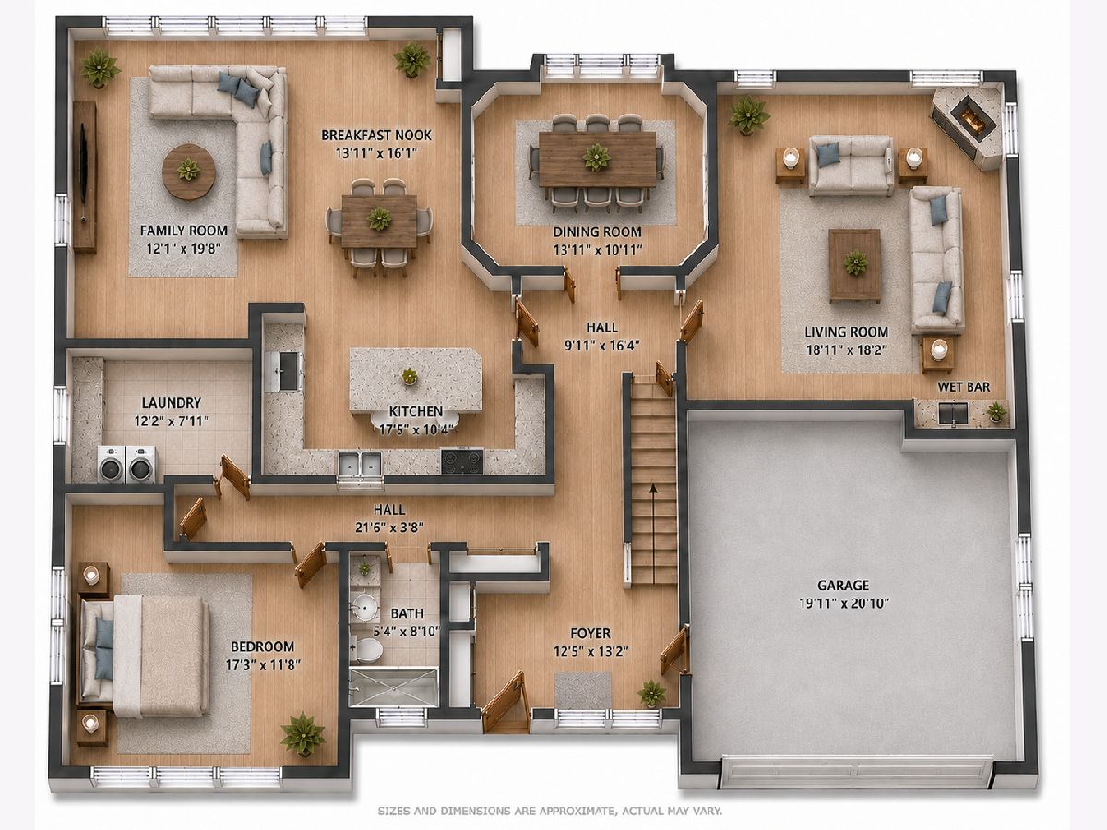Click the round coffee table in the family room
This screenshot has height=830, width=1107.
(189, 172)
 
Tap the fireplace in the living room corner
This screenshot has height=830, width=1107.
(968, 128)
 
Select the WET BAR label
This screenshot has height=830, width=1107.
(963, 387)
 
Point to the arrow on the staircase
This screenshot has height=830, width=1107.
(653, 534)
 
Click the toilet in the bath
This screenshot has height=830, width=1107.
(367, 648)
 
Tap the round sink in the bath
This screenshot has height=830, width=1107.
(365, 606)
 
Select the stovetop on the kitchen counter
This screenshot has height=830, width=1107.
(462, 460)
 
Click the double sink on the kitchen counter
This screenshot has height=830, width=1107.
(360, 464)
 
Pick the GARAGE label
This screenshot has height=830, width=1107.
(843, 585)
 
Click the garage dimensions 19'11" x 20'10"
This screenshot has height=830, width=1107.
(844, 603)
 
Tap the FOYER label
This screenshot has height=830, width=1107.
(590, 633)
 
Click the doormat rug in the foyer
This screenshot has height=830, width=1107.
(583, 691)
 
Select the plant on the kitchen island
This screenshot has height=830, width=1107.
(409, 375)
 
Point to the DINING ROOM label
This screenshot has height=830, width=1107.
(597, 231)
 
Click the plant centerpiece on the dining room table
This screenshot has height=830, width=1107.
(597, 158)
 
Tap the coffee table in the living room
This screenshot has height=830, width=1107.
(855, 266)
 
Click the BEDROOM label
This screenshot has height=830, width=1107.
(262, 646)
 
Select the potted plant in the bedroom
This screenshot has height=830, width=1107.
(303, 734)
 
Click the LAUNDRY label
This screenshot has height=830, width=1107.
(172, 403)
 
